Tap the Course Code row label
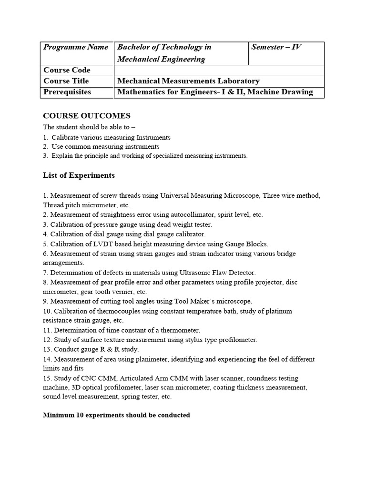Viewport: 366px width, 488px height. (67, 70)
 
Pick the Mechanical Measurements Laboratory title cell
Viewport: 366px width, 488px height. (188, 81)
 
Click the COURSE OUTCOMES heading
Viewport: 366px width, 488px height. (87, 116)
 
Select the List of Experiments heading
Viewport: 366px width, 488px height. (79, 175)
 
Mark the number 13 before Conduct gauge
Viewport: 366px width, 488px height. (47, 349)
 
